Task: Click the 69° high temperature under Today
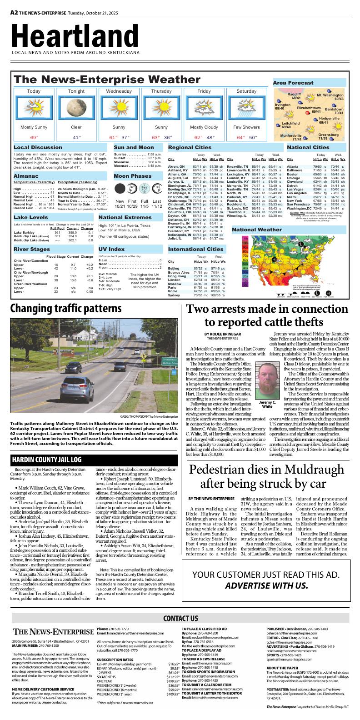click(34, 137)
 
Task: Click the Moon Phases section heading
click(133, 176)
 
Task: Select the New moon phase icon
click(120, 188)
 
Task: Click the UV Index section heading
click(111, 249)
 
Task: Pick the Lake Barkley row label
click(25, 232)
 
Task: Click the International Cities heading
click(195, 249)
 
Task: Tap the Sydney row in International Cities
click(174, 295)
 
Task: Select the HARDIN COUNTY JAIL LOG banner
click(47, 460)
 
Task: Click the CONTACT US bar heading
click(180, 618)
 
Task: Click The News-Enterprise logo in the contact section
click(53, 632)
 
